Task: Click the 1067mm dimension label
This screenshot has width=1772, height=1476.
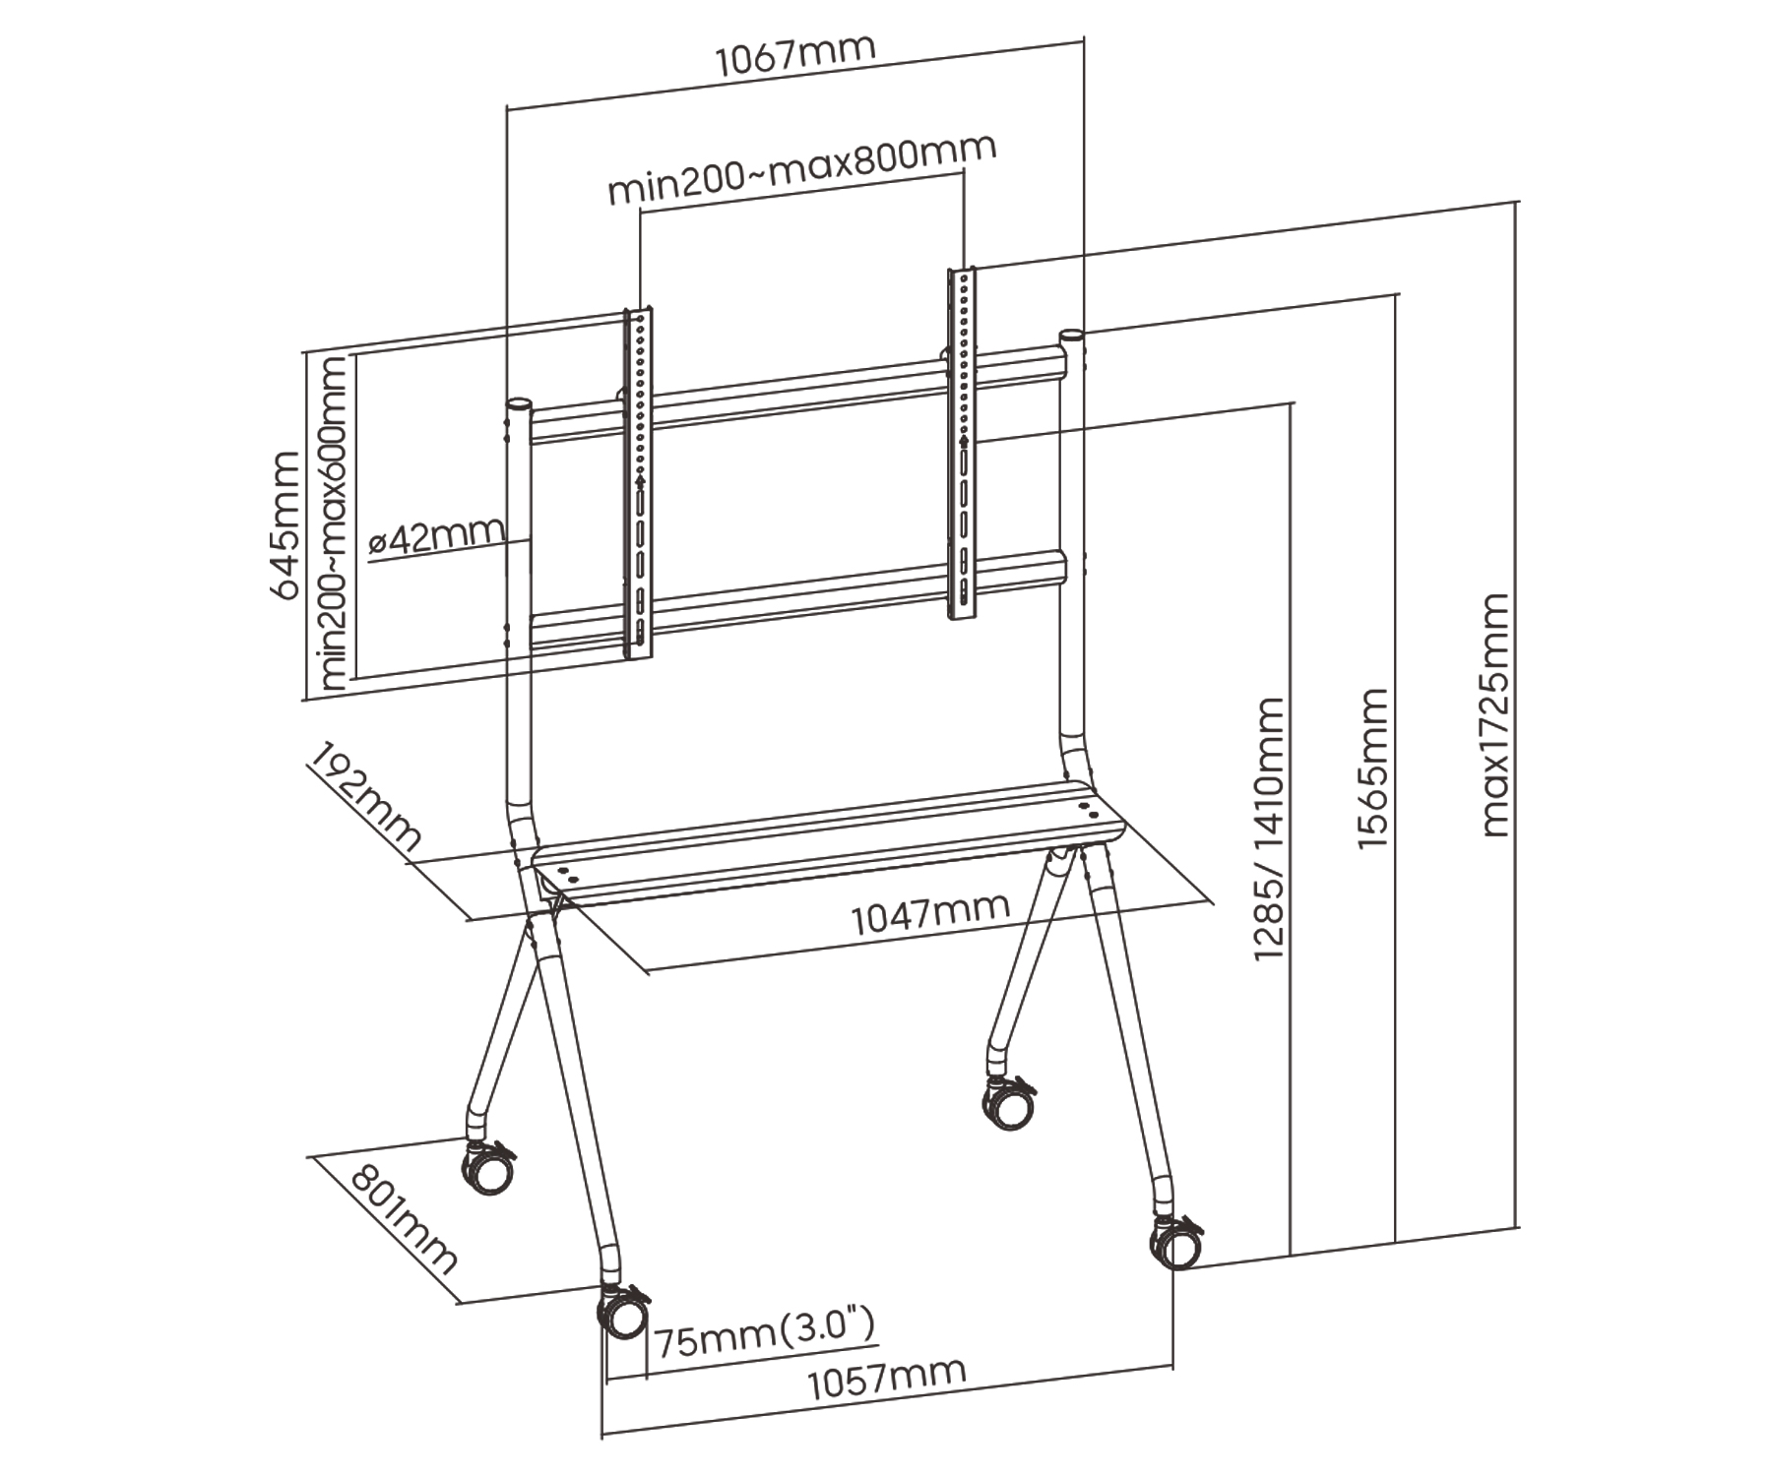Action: click(794, 57)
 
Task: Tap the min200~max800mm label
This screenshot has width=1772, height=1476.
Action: click(801, 174)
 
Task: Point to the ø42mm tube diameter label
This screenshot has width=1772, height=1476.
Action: click(436, 537)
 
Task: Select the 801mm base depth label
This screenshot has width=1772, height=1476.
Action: click(405, 1220)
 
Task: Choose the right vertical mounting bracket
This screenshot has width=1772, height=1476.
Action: click(962, 443)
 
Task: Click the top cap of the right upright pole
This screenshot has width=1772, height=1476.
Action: click(1072, 337)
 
